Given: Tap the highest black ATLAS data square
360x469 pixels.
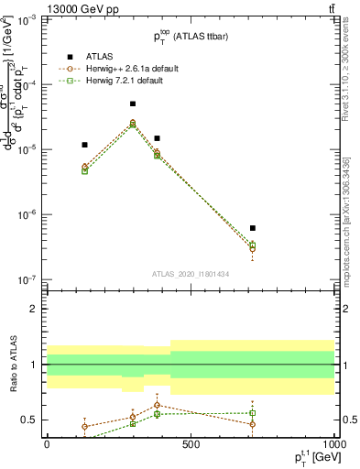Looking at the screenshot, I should (133, 104).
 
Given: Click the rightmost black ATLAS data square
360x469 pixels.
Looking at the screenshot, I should (252, 228).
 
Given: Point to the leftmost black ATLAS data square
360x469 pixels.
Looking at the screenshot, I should (84, 145).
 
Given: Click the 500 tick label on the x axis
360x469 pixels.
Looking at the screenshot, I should (191, 444).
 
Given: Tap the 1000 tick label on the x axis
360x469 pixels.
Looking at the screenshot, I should (332, 444).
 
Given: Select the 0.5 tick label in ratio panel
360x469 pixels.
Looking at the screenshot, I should (30, 420).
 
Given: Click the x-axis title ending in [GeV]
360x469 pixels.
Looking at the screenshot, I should (311, 457).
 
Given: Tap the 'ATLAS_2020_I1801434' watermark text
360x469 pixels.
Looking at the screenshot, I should (191, 273).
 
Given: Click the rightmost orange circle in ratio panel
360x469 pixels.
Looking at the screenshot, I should (252, 424).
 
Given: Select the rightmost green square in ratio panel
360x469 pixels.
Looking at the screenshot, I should (252, 413).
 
